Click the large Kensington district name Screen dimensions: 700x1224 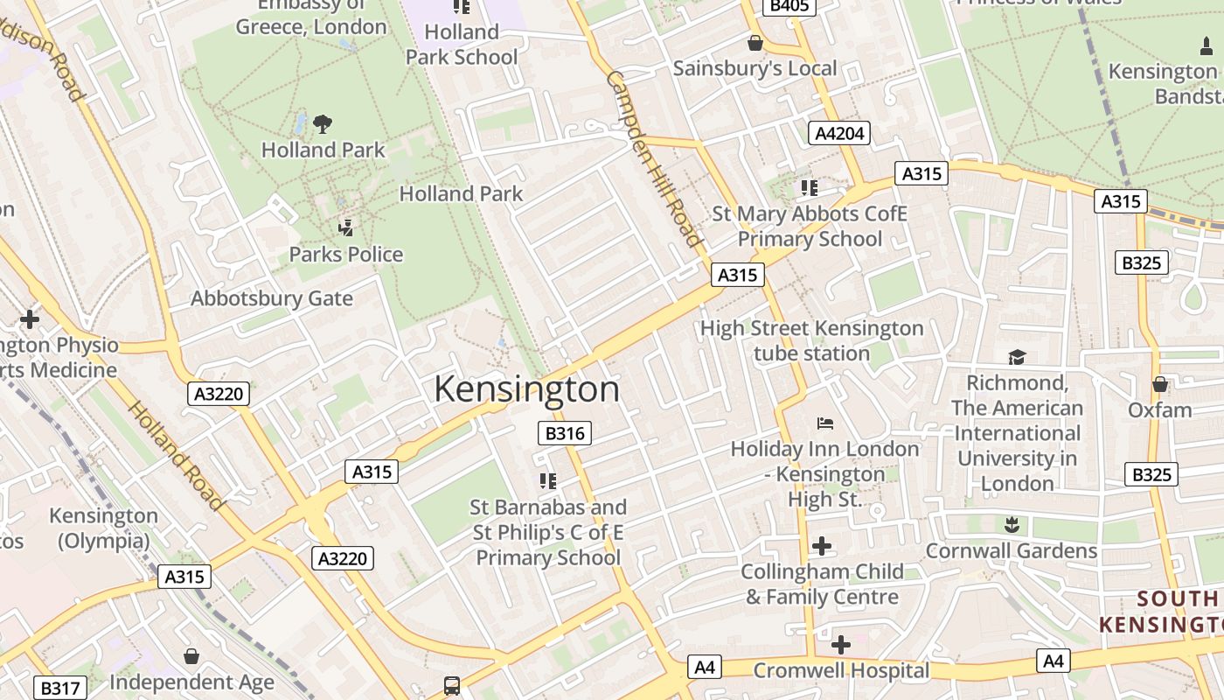tap(526, 389)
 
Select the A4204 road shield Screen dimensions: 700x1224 tap(839, 133)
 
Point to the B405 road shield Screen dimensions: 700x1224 tap(789, 7)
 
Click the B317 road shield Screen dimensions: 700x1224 tap(60, 688)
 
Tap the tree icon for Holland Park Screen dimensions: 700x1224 tap(323, 123)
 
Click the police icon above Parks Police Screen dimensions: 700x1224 tap(346, 228)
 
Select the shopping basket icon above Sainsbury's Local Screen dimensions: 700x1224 tap(755, 43)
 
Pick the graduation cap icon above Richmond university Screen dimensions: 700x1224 tap(1017, 357)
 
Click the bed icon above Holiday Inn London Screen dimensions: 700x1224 tap(824, 423)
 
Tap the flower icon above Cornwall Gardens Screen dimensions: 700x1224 tap(1012, 525)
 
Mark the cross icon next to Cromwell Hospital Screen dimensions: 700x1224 tap(840, 645)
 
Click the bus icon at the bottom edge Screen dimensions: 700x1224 tap(452, 686)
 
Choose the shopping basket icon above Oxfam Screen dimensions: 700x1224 tap(1160, 384)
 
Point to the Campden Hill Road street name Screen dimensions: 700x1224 tap(654, 158)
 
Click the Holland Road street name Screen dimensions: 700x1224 tap(176, 456)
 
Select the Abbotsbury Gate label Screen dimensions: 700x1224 tap(272, 298)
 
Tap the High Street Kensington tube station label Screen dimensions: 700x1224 tap(812, 340)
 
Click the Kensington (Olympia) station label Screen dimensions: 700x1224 tap(103, 528)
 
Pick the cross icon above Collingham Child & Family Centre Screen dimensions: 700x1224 tap(822, 547)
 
